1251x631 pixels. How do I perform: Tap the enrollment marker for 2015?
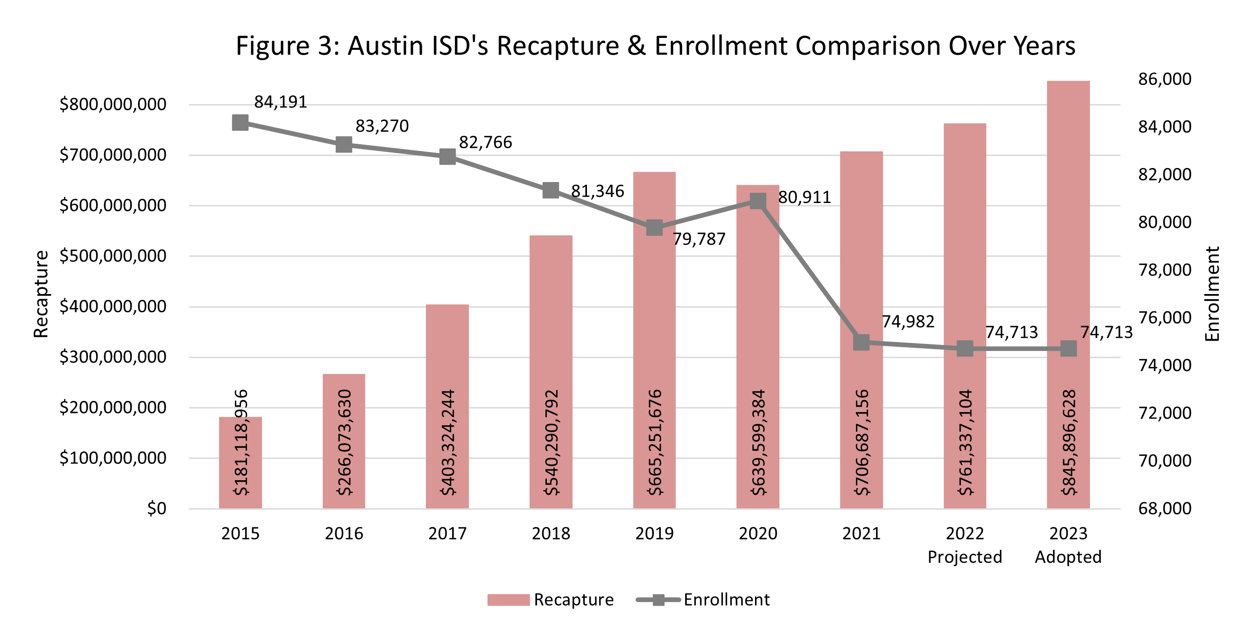240,123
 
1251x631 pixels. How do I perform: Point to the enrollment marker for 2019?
654,228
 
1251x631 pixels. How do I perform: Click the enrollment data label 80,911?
804,197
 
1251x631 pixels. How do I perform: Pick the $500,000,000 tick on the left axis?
113,256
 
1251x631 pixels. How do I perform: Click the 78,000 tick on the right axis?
1165,270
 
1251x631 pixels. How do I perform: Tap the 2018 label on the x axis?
551,534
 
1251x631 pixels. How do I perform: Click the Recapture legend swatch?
508,600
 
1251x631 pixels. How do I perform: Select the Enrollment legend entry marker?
658,600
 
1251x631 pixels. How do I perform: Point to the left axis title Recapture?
41,294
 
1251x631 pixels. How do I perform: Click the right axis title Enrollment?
1213,294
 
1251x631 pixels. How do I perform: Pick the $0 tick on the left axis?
156,509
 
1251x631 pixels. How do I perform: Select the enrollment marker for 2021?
861,342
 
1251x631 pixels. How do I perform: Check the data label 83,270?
382,126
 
